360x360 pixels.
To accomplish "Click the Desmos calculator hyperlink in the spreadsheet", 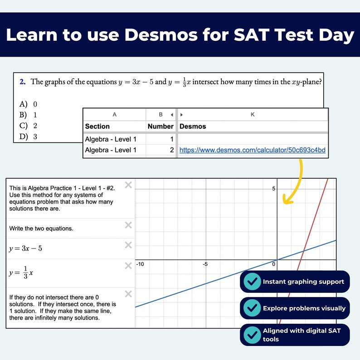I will (x=253, y=150).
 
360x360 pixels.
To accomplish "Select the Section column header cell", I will (x=97, y=126).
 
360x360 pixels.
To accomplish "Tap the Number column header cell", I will (x=161, y=126).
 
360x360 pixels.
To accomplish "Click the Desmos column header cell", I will (x=193, y=126).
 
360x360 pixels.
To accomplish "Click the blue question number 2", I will (x=22, y=82).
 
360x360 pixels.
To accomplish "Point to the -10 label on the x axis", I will (x=141, y=264).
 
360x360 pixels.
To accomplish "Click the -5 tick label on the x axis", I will (x=205, y=264).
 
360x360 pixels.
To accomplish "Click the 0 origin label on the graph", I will (x=274, y=264).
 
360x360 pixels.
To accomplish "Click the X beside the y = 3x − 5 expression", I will (x=128, y=245).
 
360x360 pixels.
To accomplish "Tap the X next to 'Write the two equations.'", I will (x=128, y=225).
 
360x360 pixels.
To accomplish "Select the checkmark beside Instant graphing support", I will (x=252, y=282).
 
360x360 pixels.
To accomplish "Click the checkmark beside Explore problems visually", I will (x=252, y=308).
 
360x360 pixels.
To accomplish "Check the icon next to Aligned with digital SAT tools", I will (x=252, y=335).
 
